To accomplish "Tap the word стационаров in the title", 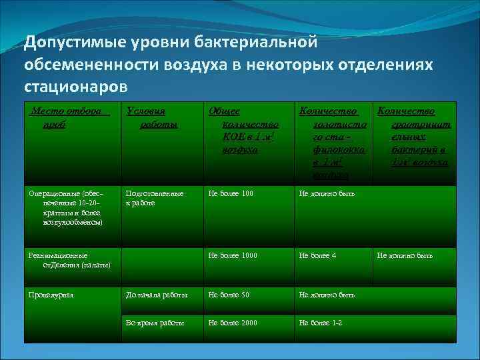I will coord(75,86).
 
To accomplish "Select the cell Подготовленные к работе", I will coord(154,198).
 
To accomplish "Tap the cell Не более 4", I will coord(318,255).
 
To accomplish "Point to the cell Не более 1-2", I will coord(321,323).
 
